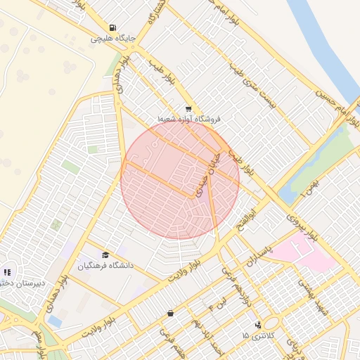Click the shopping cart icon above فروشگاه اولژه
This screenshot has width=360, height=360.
[188, 109]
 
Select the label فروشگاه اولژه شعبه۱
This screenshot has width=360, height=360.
[188, 120]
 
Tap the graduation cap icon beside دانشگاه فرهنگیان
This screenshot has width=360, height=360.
[105, 255]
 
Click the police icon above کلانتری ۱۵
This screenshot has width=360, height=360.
[258, 325]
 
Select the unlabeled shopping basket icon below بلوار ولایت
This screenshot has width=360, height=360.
[170, 313]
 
